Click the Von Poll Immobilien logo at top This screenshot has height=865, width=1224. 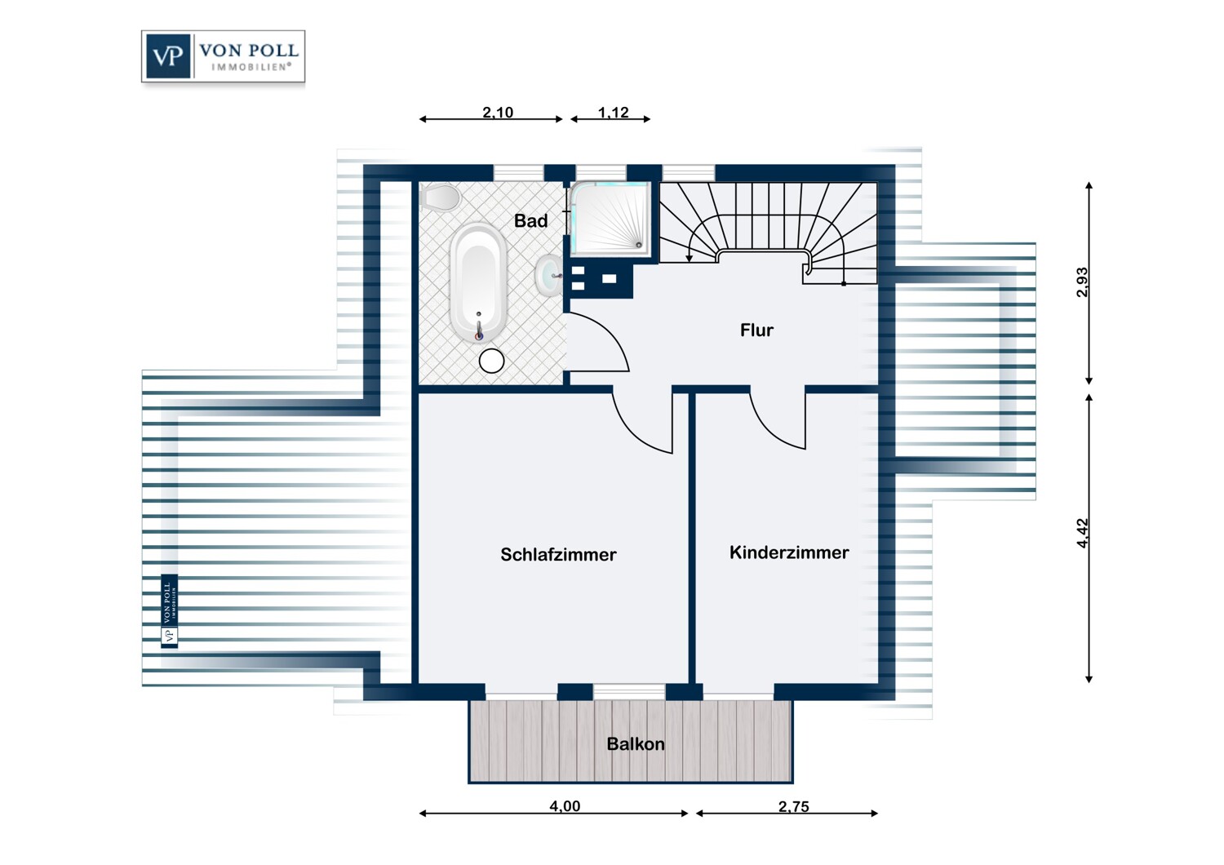click(223, 56)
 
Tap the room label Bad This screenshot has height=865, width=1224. click(530, 220)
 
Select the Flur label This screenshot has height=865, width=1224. click(756, 330)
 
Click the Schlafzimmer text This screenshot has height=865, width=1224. click(558, 554)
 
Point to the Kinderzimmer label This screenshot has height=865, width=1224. click(788, 552)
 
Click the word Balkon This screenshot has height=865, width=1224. click(635, 743)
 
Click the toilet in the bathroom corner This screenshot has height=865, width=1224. click(440, 197)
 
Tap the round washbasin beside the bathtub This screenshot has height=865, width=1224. click(548, 275)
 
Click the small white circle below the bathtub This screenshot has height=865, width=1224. click(491, 361)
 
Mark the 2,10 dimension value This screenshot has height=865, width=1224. click(498, 113)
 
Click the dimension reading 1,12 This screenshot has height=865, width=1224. click(613, 113)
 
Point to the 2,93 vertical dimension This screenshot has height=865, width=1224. click(1082, 282)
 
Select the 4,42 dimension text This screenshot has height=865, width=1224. click(1082, 533)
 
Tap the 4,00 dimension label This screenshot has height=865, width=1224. click(565, 806)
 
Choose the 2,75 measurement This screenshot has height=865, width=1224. click(793, 806)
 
